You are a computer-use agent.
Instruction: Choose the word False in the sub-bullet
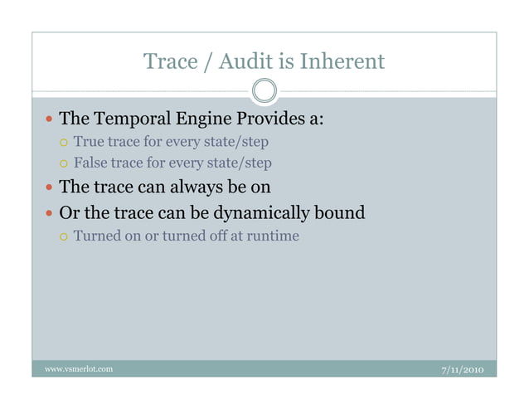pos(90,163)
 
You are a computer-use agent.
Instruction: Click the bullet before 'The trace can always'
pos(47,187)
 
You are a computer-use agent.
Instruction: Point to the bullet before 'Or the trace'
pos(47,213)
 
